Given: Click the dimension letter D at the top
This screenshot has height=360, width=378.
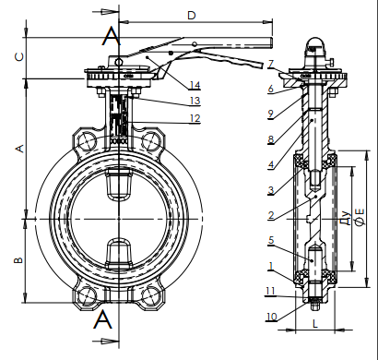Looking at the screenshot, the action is click(x=192, y=15).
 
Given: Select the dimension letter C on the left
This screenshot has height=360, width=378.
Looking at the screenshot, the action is click(x=19, y=56).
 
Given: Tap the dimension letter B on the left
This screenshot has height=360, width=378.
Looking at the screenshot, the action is click(x=18, y=260).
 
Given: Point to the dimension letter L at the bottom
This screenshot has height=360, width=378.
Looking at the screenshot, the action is click(x=314, y=323).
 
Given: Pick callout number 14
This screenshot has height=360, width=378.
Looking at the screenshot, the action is click(x=195, y=85).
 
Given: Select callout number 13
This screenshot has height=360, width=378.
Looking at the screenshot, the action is click(x=195, y=101).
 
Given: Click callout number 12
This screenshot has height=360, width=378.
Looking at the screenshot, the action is click(x=195, y=118).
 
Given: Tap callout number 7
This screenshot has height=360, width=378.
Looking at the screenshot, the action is click(x=270, y=64).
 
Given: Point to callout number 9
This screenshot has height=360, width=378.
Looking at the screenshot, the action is click(x=270, y=114).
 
